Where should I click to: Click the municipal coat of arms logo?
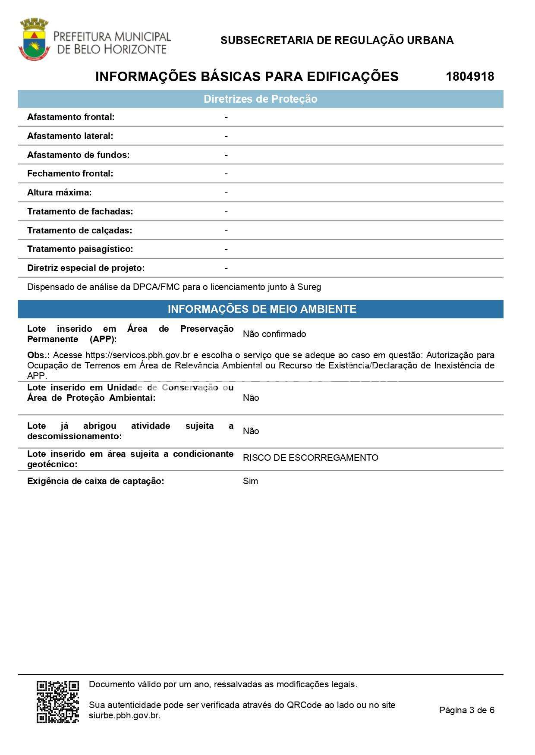click(34, 39)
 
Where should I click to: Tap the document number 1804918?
click(470, 77)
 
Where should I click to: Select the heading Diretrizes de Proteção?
click(260, 99)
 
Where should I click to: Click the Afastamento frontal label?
click(71, 117)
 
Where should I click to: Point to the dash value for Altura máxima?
click(226, 192)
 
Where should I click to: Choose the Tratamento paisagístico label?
click(80, 249)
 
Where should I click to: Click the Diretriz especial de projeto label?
click(86, 268)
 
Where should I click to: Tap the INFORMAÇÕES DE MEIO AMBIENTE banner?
click(262, 309)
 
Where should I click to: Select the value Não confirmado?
click(274, 334)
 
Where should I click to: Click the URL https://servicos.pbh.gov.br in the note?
click(138, 355)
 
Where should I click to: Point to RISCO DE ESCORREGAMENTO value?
click(310, 458)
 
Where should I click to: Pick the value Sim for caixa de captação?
click(250, 481)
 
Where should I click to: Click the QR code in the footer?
click(58, 702)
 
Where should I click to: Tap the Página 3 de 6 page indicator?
click(466, 710)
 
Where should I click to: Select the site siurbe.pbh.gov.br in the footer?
click(124, 715)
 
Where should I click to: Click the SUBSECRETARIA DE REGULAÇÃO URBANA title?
click(337, 41)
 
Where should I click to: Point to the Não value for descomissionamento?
click(251, 431)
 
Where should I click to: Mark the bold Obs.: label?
click(38, 355)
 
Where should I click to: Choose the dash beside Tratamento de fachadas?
click(226, 211)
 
